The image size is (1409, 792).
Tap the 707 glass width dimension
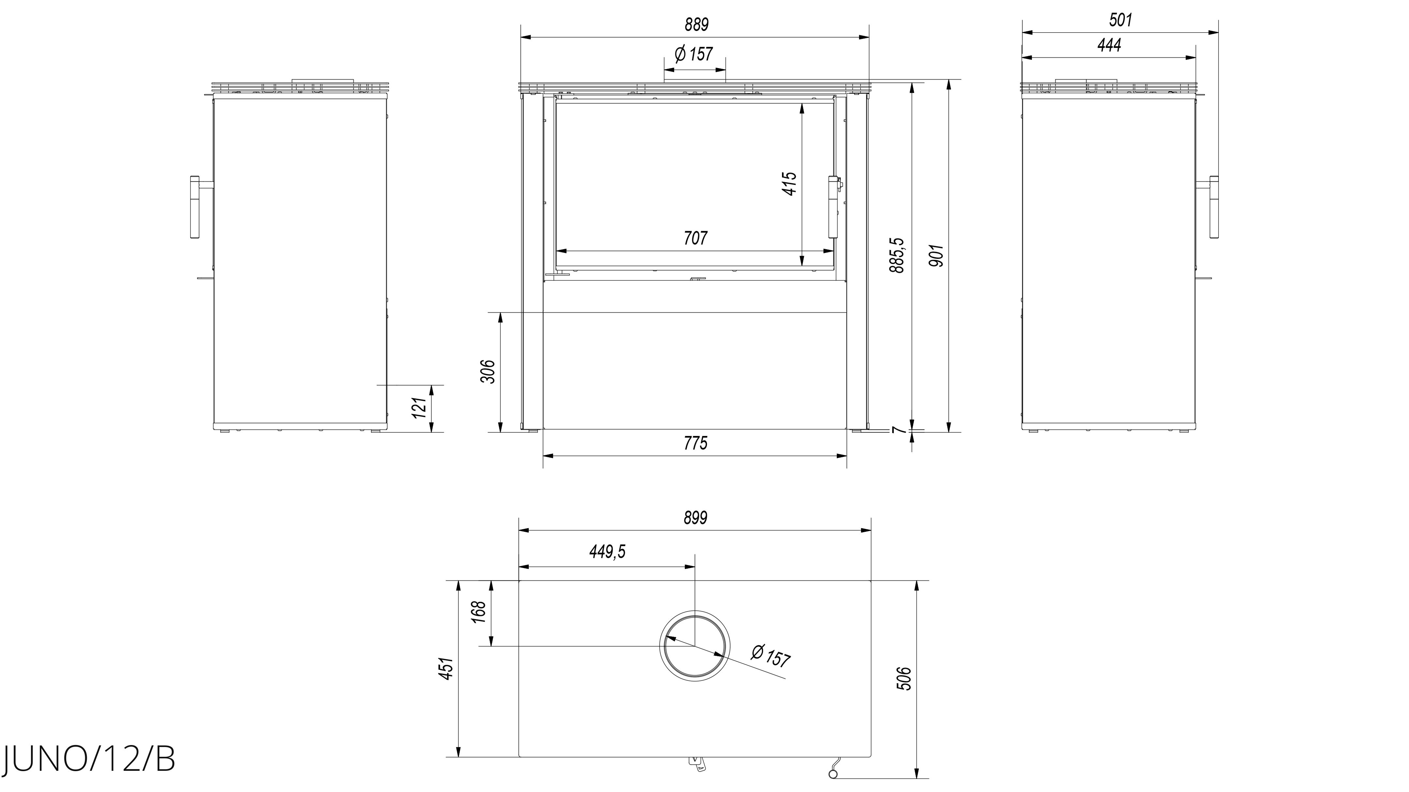695,238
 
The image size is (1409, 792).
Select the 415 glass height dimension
790,183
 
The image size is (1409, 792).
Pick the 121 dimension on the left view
419,408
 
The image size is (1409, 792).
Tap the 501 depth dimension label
1120,20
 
